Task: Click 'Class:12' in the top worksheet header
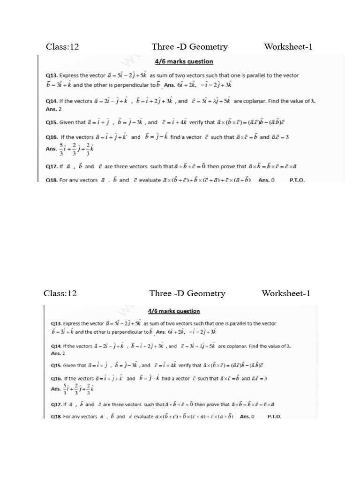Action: point(62,46)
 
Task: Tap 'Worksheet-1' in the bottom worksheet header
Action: point(286,293)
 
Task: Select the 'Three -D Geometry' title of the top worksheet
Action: point(190,46)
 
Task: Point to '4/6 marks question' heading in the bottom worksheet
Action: point(174,311)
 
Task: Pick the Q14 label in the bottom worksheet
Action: point(57,346)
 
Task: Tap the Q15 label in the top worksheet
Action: point(51,123)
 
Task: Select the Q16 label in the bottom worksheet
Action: point(57,378)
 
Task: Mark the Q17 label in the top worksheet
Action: point(51,166)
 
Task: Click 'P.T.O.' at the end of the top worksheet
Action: point(297,180)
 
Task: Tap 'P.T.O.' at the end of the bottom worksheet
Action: point(274,416)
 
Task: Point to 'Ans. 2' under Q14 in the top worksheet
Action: point(53,109)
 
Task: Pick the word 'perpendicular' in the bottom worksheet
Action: point(131,331)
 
